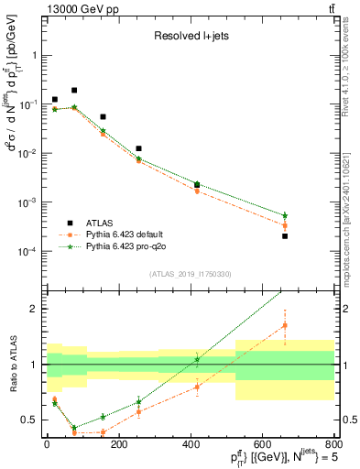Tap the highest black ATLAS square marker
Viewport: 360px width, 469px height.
(x=74, y=91)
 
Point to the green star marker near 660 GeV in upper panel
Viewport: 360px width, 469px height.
(x=285, y=215)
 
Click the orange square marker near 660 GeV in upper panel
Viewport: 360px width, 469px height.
(x=285, y=225)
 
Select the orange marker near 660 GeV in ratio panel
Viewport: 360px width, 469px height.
(x=285, y=325)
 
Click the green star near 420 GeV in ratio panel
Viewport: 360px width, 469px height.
(x=197, y=359)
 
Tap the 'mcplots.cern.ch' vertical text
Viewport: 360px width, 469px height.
(x=352, y=220)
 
